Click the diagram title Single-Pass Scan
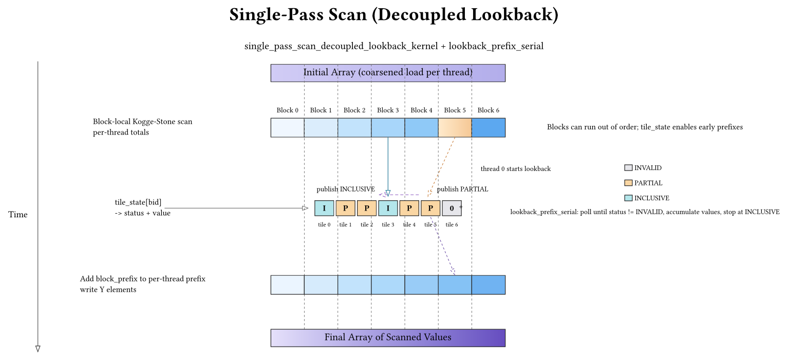click(x=393, y=14)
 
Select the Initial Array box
click(x=388, y=72)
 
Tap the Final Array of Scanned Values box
click(x=388, y=337)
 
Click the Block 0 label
click(x=287, y=110)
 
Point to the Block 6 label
click(x=488, y=110)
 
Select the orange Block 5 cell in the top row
click(x=455, y=127)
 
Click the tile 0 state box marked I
click(x=324, y=208)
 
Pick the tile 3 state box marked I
click(x=388, y=208)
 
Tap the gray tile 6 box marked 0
click(x=452, y=208)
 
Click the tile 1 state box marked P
click(x=345, y=208)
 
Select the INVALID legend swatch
click(x=628, y=167)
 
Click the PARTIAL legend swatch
click(x=628, y=183)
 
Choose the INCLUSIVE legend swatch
click(x=628, y=198)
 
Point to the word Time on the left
click(x=18, y=214)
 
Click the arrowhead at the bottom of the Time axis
click(x=37, y=349)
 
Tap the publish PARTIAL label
click(x=462, y=189)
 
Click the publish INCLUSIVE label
click(x=345, y=189)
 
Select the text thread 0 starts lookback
click(x=515, y=168)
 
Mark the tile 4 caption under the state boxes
click(x=409, y=224)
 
